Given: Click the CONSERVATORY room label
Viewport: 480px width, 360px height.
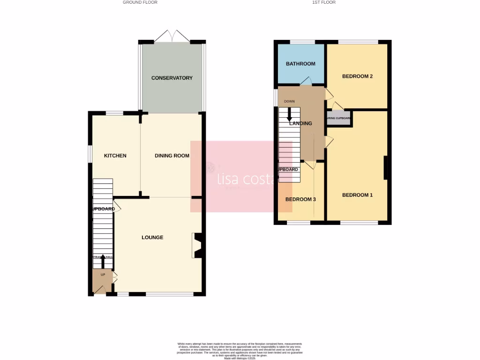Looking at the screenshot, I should (x=172, y=78).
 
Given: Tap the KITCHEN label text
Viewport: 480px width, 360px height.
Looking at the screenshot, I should (x=115, y=156).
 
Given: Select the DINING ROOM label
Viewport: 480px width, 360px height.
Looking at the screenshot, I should (x=172, y=156).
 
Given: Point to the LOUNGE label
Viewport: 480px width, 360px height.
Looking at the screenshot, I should (x=152, y=238).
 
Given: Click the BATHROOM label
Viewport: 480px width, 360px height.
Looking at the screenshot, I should (x=300, y=64).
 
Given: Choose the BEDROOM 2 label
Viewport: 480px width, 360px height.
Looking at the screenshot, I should (x=357, y=76).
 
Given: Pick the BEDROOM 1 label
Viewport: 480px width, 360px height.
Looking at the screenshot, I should (x=357, y=195).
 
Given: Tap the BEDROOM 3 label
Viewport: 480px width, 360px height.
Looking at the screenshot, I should (x=300, y=199).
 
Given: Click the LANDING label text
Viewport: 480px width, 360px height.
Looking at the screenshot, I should (x=300, y=124).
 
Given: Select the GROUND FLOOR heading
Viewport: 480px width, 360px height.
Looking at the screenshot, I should (x=140, y=2).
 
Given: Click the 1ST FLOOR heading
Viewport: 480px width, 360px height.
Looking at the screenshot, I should (x=323, y=2).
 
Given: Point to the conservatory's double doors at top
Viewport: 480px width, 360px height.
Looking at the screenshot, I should (x=172, y=36).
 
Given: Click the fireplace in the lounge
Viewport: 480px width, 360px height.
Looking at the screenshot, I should (x=197, y=246).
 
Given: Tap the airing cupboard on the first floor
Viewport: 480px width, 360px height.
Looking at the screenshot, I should (x=339, y=119).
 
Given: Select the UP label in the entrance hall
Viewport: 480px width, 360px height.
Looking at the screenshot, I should (x=103, y=275).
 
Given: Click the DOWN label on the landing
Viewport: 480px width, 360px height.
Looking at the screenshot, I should (x=289, y=101).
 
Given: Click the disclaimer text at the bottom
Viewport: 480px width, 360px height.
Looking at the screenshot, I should (x=240, y=351).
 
